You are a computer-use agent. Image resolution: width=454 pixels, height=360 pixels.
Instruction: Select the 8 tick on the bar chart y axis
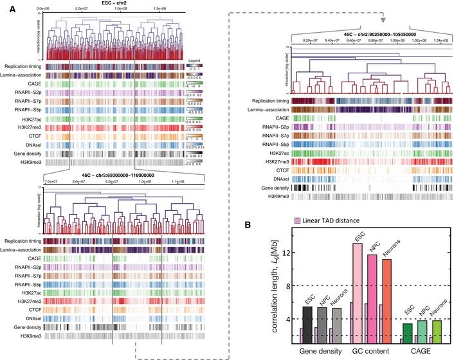click(291, 285)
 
